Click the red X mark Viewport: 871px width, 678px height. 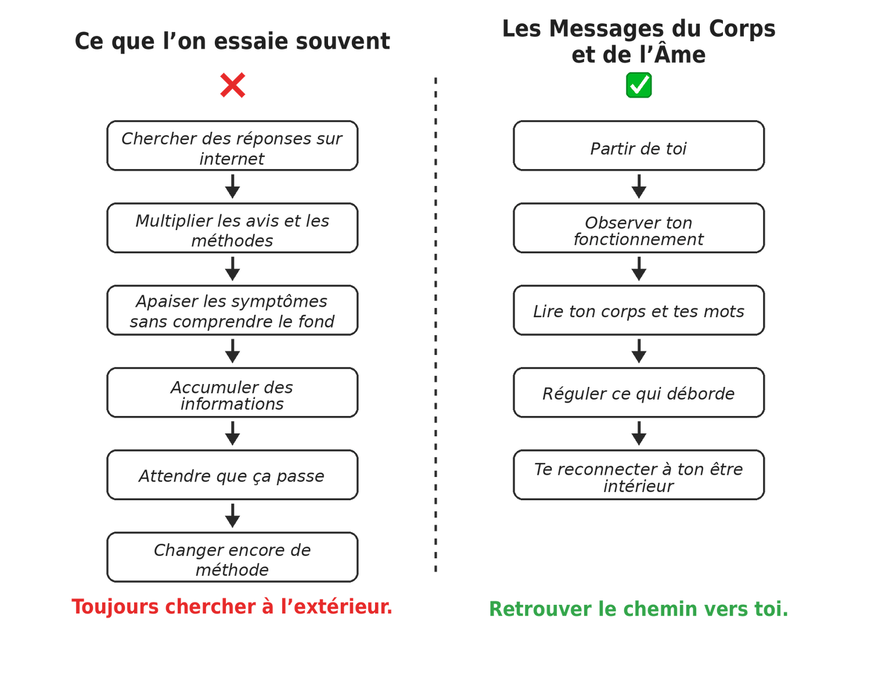232,85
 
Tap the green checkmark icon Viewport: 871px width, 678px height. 639,85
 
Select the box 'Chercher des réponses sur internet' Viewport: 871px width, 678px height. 232,146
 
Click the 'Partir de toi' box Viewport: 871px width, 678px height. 639,146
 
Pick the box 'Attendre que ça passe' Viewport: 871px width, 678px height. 232,475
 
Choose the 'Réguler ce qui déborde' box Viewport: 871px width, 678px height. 639,393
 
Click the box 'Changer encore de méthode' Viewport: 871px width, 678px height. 232,557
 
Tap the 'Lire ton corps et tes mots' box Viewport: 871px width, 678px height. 639,310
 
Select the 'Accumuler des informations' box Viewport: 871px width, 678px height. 232,393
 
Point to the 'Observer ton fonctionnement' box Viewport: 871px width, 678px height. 639,228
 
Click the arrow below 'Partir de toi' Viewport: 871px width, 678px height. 639,186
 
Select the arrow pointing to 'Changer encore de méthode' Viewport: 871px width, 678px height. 232,515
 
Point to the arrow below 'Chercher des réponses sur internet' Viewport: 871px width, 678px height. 232,186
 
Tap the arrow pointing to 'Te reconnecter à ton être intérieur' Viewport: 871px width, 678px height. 639,433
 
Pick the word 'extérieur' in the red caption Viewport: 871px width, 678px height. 343,606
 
